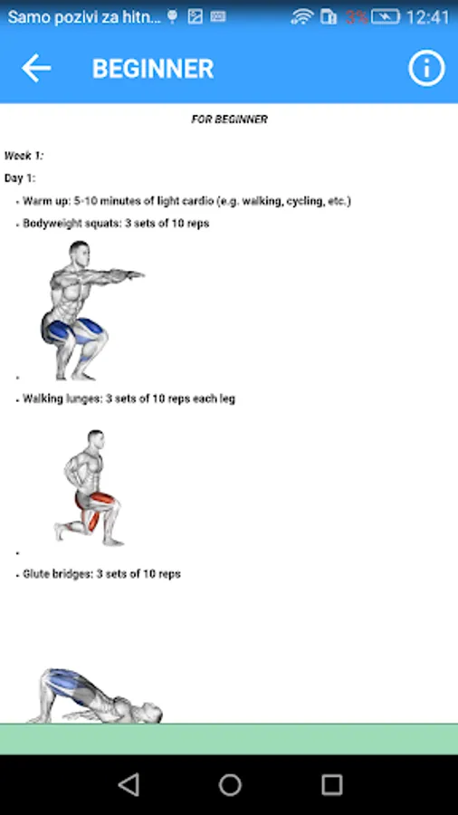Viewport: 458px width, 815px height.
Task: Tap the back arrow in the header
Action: coord(36,68)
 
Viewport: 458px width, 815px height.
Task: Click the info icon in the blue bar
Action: coord(426,68)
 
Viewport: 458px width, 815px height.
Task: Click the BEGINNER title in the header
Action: coord(153,69)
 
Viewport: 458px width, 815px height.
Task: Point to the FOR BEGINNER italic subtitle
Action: coord(230,120)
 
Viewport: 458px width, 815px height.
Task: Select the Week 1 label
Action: coord(24,156)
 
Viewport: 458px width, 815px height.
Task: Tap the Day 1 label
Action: coord(20,178)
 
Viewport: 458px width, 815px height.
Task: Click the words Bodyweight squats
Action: coord(72,224)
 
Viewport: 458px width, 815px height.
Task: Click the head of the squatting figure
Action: coord(80,254)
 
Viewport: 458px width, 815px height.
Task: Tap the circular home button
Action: coord(230,784)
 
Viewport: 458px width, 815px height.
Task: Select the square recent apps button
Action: coord(332,784)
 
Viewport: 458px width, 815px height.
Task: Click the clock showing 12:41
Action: coord(428,17)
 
